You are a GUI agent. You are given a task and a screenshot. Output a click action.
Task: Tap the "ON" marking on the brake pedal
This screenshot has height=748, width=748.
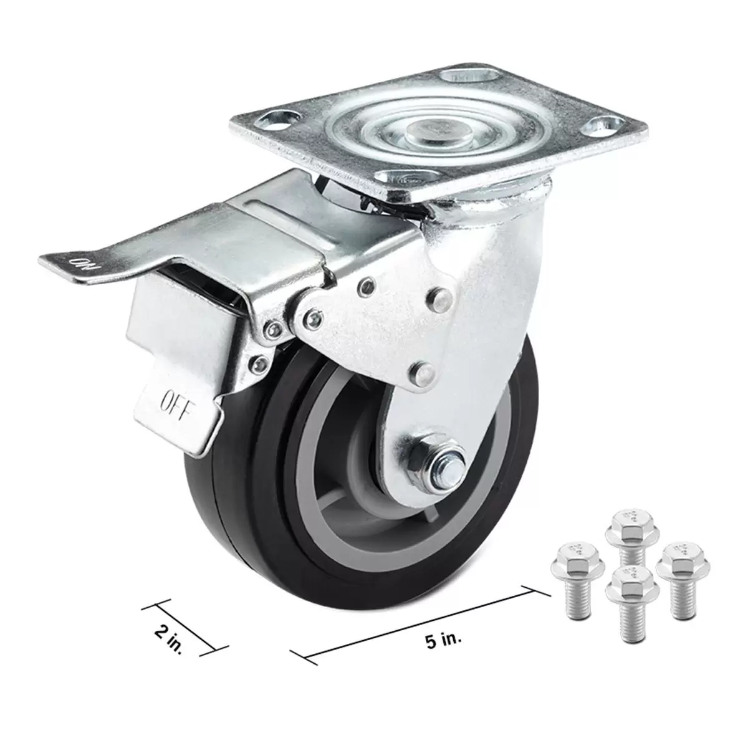click(x=84, y=264)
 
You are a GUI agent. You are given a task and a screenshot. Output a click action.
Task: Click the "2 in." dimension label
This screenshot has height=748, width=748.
click(x=168, y=641)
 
